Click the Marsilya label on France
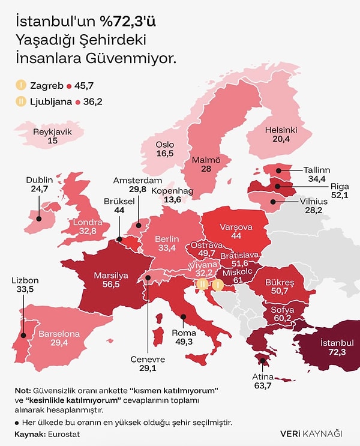coord(110,276)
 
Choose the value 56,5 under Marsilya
coord(110,286)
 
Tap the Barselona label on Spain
coord(59,334)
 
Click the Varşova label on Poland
coord(234,228)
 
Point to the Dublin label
coord(41,179)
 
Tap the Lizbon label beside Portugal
coord(25,280)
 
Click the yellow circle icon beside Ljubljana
coord(20,102)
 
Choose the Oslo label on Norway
coord(164,145)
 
